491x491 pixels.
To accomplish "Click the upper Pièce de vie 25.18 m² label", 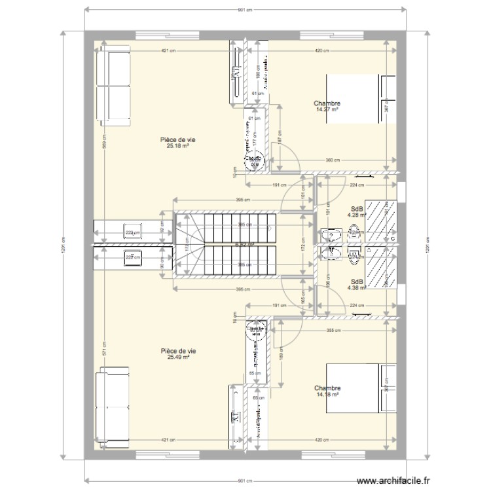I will coord(178,141).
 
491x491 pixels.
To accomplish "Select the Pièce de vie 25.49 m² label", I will coord(178,354).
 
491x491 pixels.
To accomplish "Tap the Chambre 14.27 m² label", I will coord(327,106).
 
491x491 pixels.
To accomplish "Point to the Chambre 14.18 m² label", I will coord(327,391).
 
